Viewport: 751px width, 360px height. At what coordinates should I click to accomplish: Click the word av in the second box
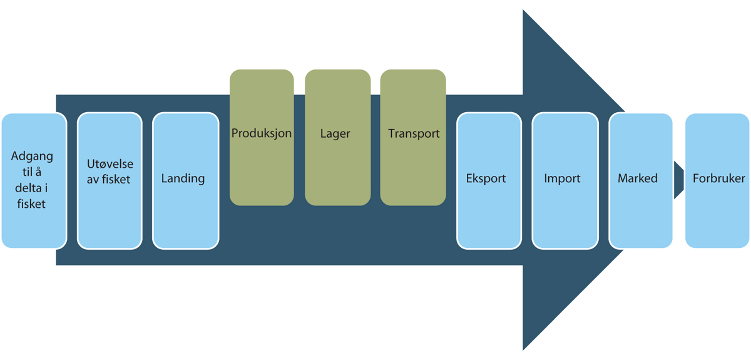(93, 180)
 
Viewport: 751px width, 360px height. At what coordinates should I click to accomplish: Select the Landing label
(183, 178)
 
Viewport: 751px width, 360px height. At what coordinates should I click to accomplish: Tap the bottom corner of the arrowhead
(524, 347)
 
